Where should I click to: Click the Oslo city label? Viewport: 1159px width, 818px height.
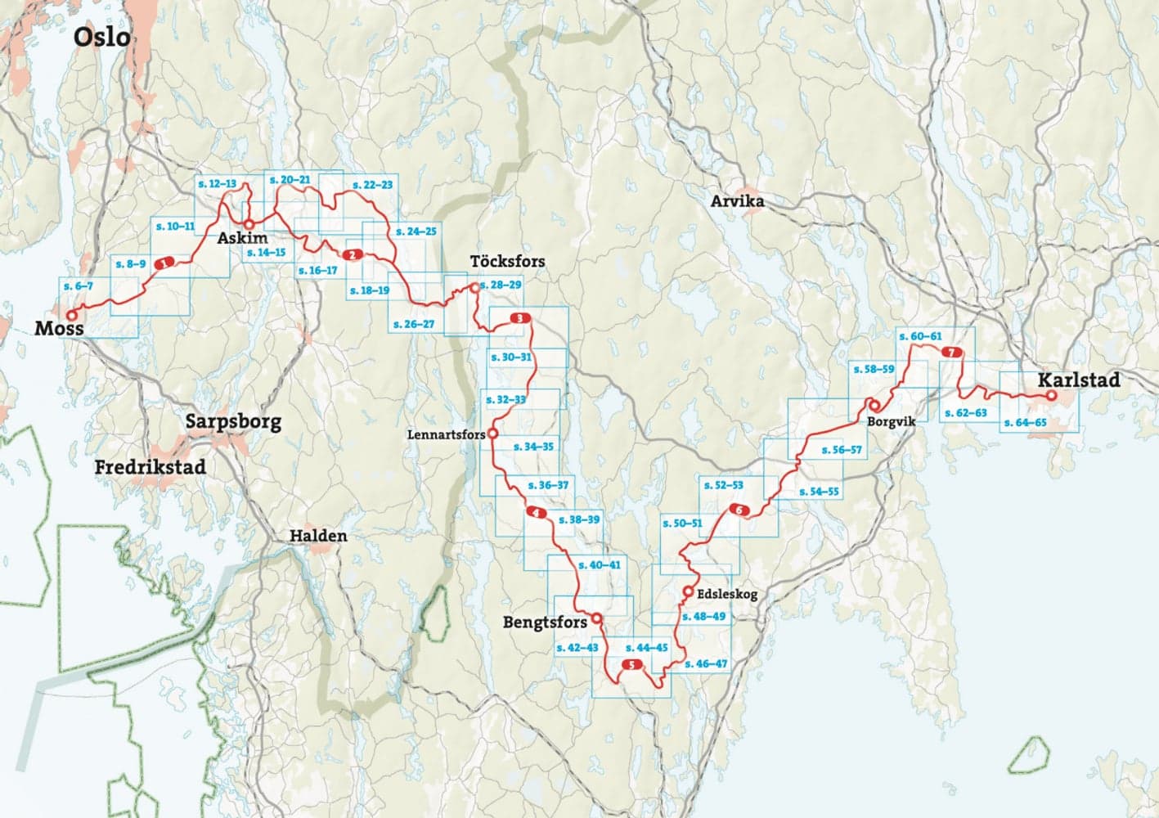pos(101,37)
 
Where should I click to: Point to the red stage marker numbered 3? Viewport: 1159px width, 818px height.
pos(519,318)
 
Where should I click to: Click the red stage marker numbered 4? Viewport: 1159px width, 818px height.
pos(536,513)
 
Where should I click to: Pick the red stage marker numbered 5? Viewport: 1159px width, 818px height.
pos(632,665)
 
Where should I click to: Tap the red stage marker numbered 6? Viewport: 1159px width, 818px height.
pos(738,510)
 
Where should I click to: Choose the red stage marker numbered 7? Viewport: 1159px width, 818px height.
pos(951,353)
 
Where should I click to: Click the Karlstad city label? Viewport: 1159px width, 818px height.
pos(1078,380)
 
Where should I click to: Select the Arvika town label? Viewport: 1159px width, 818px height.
pos(737,201)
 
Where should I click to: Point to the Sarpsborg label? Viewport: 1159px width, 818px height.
pos(233,422)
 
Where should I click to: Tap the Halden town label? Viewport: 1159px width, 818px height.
pos(318,537)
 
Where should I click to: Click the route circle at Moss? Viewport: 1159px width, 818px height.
pos(71,315)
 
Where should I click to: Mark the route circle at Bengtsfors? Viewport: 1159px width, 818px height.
pos(597,618)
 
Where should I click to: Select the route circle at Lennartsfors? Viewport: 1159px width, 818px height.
pos(492,434)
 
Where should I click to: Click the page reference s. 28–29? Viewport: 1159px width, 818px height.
pos(501,285)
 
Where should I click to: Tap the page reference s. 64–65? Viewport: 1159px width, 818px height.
pos(1024,423)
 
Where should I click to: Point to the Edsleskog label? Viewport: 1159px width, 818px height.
pos(726,595)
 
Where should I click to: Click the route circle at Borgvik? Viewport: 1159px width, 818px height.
pos(873,404)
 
